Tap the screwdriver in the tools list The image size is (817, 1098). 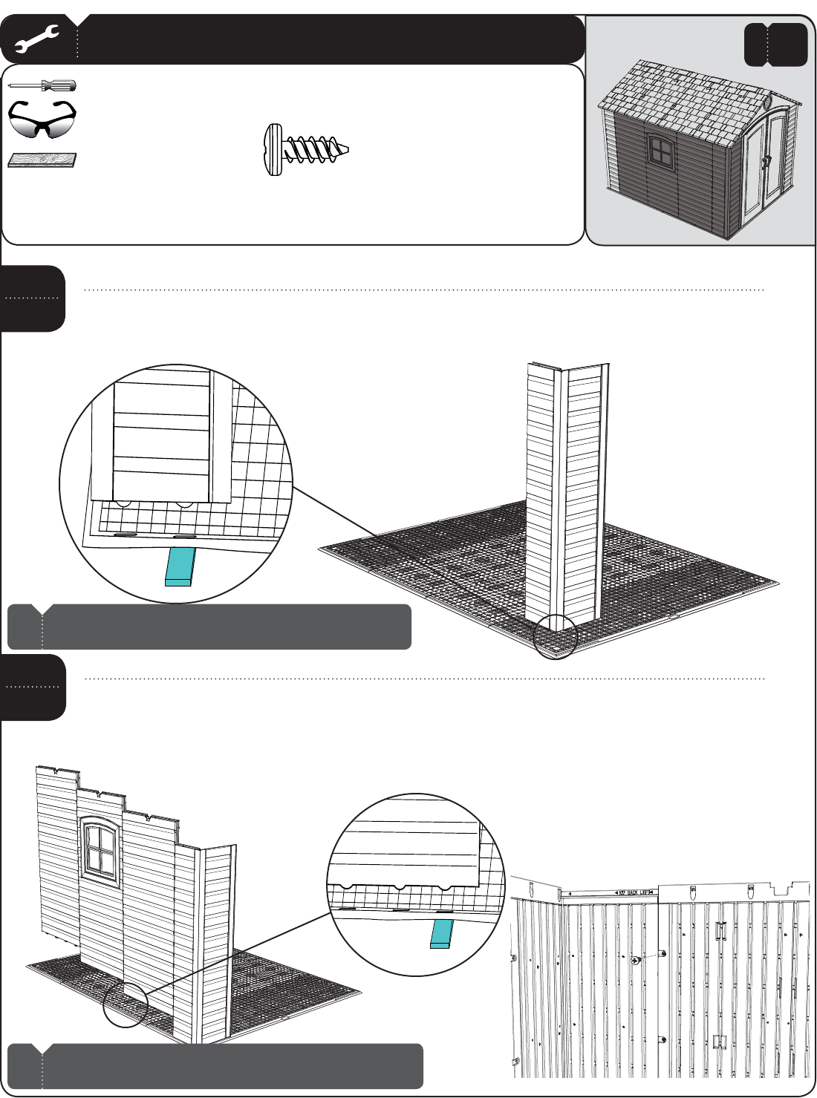click(x=42, y=86)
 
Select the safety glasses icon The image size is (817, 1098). click(x=42, y=120)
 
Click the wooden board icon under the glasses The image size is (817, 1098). click(x=42, y=160)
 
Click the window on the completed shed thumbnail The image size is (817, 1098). click(x=658, y=151)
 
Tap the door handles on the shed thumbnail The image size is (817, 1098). click(x=768, y=161)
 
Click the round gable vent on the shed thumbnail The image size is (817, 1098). click(x=769, y=99)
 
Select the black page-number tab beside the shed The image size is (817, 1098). click(x=775, y=45)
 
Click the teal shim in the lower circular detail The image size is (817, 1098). click(x=441, y=933)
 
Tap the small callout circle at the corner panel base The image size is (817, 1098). click(x=556, y=637)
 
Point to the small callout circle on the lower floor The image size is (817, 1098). click(x=126, y=1005)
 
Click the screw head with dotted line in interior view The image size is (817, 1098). click(x=636, y=960)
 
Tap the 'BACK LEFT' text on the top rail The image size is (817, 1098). click(x=634, y=892)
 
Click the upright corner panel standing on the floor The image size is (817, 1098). click(x=566, y=494)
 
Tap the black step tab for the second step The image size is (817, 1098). click(x=33, y=687)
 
